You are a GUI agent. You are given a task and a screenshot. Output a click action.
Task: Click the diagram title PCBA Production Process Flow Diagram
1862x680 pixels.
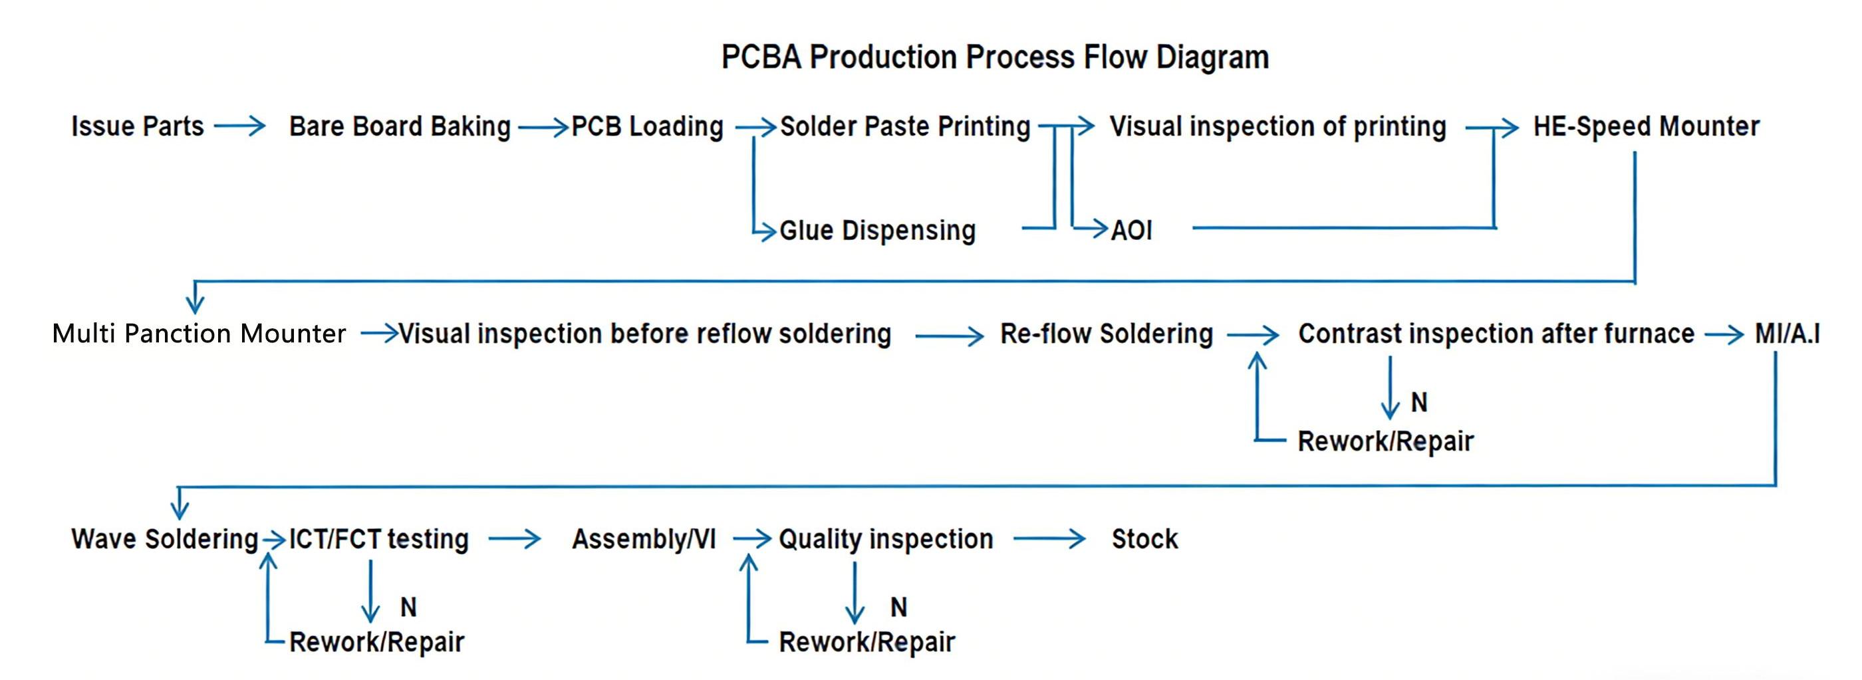pyautogui.click(x=995, y=57)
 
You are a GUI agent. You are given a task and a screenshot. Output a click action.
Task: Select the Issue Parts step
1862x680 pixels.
pyautogui.click(x=138, y=126)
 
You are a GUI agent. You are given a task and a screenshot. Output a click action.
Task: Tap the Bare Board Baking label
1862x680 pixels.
pyautogui.click(x=400, y=126)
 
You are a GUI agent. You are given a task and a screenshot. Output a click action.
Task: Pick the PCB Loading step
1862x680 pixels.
pyautogui.click(x=647, y=126)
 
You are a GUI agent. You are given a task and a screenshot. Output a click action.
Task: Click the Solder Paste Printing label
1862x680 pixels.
pyautogui.click(x=905, y=126)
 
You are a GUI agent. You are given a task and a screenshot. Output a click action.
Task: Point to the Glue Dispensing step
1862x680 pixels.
pyautogui.click(x=878, y=231)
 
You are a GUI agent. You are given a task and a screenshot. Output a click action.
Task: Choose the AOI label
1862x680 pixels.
pyautogui.click(x=1131, y=231)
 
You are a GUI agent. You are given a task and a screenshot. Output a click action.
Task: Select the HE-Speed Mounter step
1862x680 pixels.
pyautogui.click(x=1646, y=126)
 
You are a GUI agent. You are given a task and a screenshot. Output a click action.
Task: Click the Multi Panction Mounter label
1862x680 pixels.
pyautogui.click(x=199, y=334)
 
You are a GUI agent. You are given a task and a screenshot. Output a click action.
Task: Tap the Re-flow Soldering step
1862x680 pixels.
pyautogui.click(x=1106, y=334)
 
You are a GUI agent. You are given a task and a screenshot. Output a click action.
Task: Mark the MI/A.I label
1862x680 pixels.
pyautogui.click(x=1787, y=334)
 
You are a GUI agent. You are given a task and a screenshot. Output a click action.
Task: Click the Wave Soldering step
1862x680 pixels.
pyautogui.click(x=164, y=539)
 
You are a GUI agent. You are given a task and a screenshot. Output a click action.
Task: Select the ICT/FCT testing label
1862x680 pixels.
pyautogui.click(x=379, y=539)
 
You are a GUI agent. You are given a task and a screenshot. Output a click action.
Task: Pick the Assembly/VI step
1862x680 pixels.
pyautogui.click(x=643, y=539)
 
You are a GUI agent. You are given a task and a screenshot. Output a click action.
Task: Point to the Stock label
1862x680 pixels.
pyautogui.click(x=1144, y=539)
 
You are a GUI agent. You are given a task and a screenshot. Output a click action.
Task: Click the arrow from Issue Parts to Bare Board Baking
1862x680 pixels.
pyautogui.click(x=240, y=127)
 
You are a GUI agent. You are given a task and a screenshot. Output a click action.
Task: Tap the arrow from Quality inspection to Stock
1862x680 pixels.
pyautogui.click(x=1049, y=538)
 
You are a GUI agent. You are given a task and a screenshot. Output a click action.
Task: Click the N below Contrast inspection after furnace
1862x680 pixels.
pyautogui.click(x=1419, y=403)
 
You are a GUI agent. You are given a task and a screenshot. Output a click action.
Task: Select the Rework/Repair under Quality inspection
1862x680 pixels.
pyautogui.click(x=866, y=641)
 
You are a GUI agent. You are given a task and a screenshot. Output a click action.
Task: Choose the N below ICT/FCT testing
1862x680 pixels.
pyautogui.click(x=408, y=607)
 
